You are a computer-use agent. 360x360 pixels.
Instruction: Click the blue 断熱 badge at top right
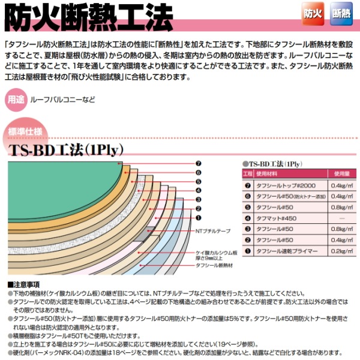click(339, 13)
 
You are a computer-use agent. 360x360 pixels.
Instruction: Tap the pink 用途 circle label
click(17, 100)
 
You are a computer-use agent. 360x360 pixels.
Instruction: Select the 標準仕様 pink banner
click(27, 131)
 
